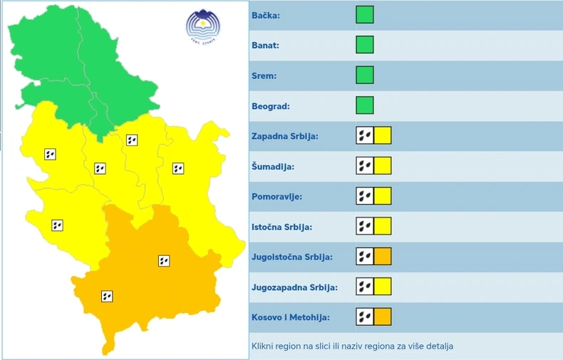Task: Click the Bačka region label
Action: [x=267, y=15]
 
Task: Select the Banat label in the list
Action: [x=267, y=46]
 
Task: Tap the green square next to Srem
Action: [x=365, y=75]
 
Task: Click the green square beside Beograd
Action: [x=365, y=106]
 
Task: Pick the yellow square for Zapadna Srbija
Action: [x=383, y=135]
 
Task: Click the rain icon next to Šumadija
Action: [x=364, y=166]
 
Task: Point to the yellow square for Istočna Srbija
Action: [x=383, y=227]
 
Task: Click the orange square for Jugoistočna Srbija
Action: [x=383, y=257]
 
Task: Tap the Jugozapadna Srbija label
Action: [x=294, y=287]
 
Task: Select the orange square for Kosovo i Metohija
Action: [x=383, y=317]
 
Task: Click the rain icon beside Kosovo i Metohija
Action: [x=364, y=317]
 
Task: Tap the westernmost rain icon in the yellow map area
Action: [x=50, y=154]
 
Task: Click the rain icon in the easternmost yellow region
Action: [x=178, y=169]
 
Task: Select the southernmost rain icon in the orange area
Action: [x=107, y=296]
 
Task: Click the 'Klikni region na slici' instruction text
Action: [x=352, y=346]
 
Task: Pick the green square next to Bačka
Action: [x=365, y=15]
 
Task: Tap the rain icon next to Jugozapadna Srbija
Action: [x=364, y=287]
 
